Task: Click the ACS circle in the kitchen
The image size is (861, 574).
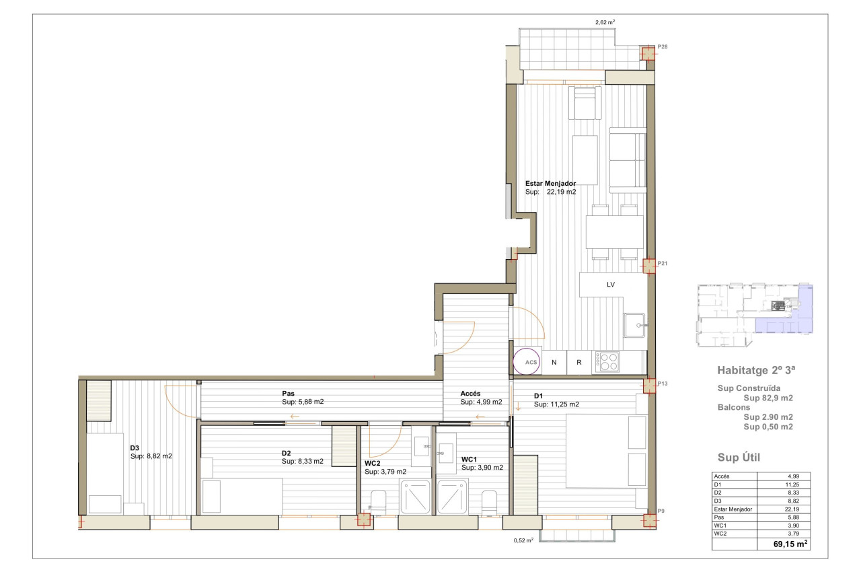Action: (526, 361)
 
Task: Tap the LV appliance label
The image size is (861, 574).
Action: (610, 285)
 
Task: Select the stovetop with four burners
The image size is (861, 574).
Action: (607, 362)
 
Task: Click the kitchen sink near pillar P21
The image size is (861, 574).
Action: (634, 325)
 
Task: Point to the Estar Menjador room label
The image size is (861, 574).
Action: (550, 184)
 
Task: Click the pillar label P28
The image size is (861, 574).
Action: (663, 46)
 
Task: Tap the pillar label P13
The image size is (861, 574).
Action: (663, 384)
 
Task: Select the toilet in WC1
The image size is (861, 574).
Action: (489, 503)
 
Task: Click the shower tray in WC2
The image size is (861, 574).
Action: (415, 497)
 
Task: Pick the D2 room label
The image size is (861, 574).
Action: (286, 454)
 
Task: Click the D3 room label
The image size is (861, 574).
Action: (135, 448)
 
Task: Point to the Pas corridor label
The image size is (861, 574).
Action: (289, 393)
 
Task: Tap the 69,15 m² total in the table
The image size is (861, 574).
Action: (790, 544)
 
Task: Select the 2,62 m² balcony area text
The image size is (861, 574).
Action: (605, 22)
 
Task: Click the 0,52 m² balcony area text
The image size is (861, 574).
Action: (523, 540)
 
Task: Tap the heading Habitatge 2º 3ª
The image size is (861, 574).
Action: (756, 370)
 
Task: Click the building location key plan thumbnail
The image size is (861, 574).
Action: (755, 315)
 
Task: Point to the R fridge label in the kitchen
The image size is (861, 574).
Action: (579, 362)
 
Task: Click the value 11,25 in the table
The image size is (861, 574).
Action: (792, 485)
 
